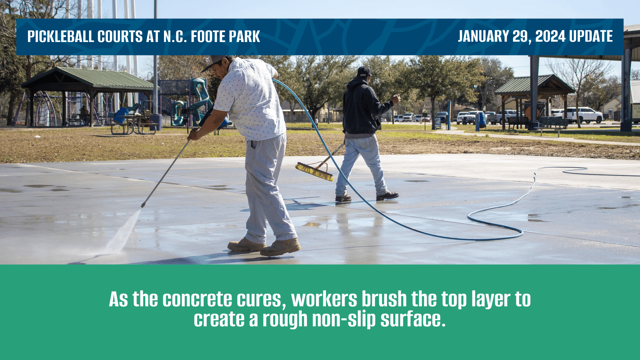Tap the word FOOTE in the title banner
pos(208,36)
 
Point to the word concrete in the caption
pos(197,299)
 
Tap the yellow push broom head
pos(314,171)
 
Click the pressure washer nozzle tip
pos(143,205)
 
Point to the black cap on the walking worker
pos(364,71)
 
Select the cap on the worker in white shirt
pos(213,62)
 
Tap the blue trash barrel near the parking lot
pos(482,120)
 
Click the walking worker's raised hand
pos(396,99)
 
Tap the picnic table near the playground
pos(133,124)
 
